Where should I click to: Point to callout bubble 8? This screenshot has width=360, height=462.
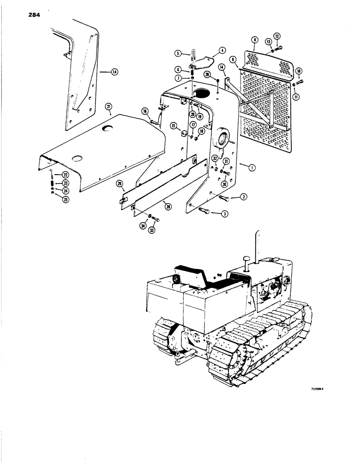[254, 40]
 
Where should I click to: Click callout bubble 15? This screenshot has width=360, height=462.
[174, 126]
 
